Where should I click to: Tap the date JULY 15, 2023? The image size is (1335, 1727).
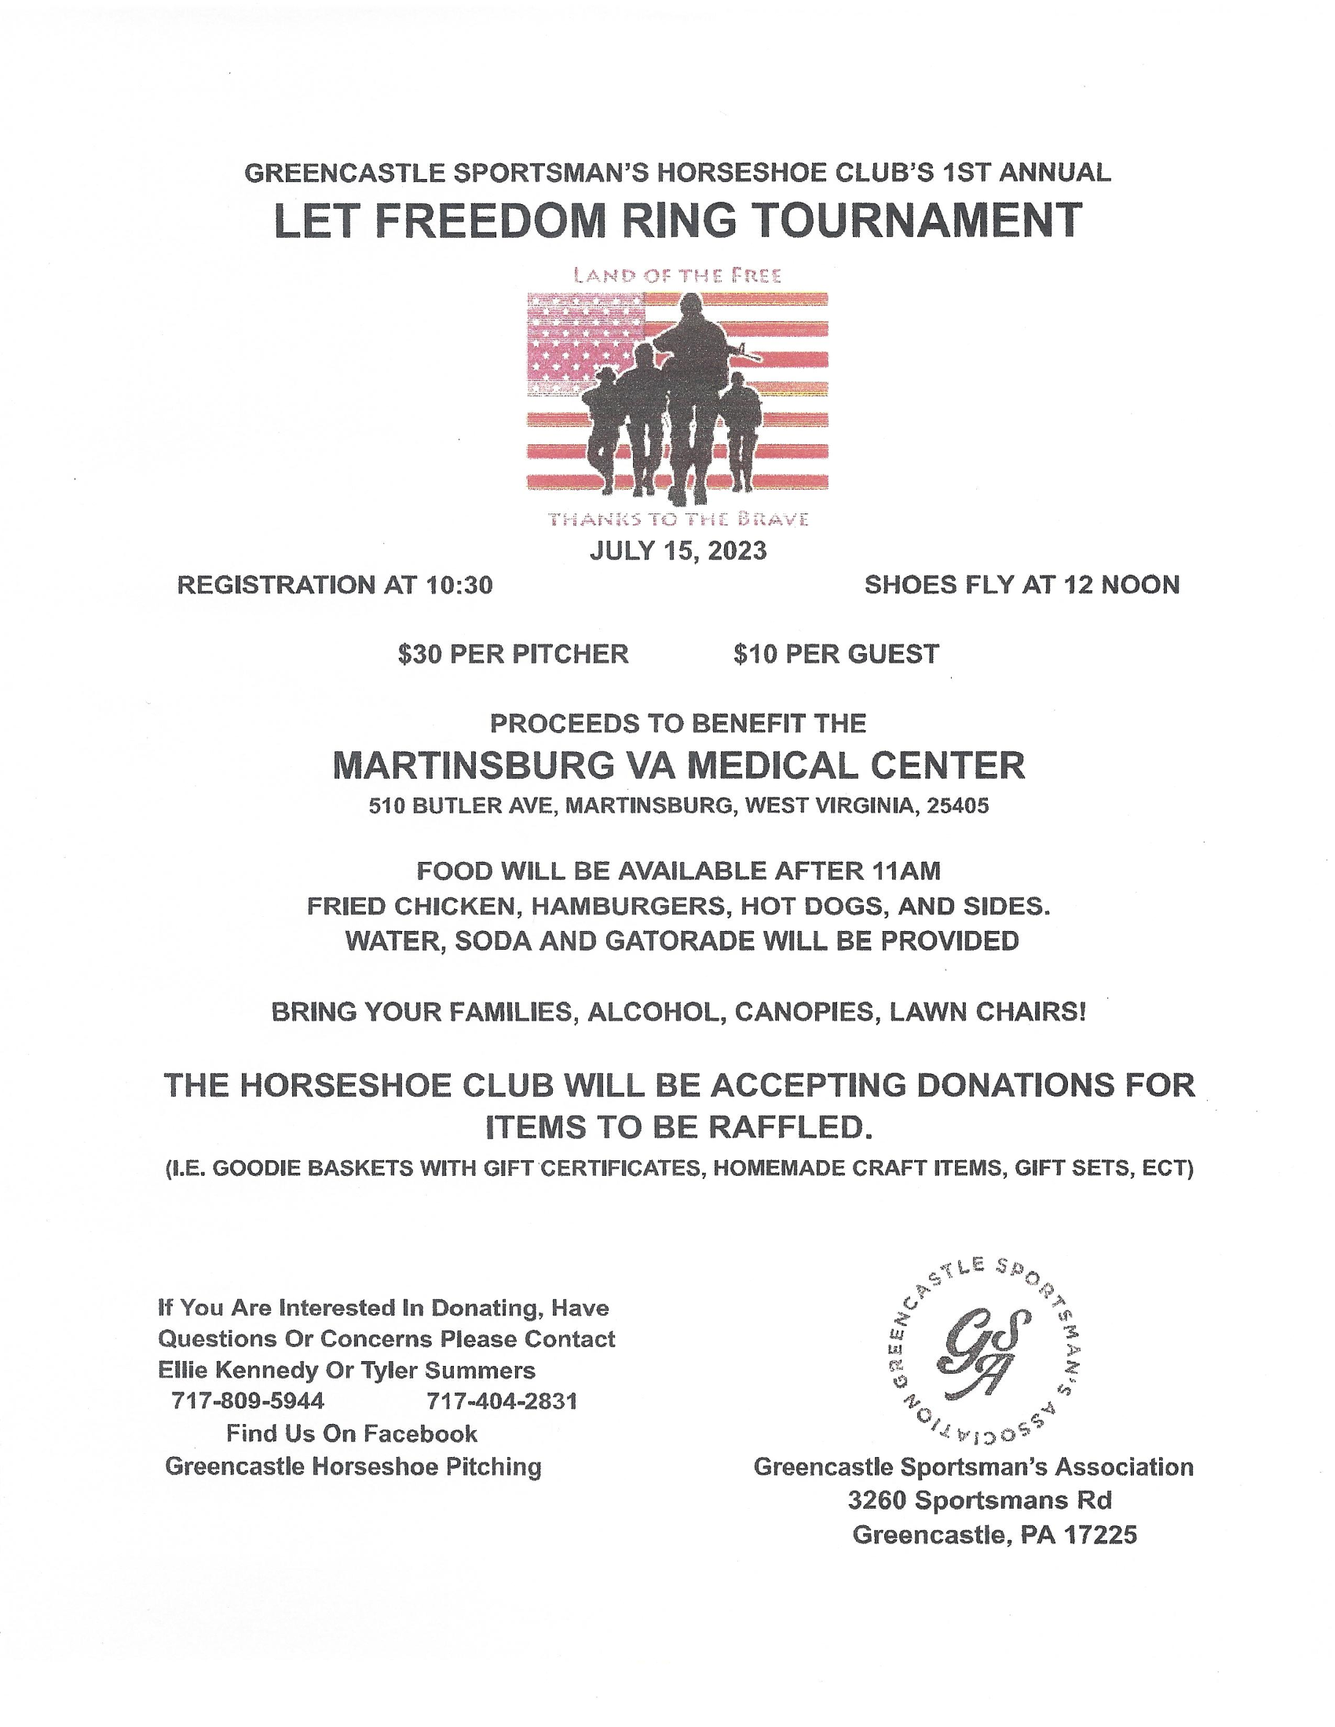678,550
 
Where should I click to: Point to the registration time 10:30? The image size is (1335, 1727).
459,585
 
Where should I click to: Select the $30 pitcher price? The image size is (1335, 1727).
420,654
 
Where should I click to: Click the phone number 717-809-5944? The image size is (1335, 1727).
247,1423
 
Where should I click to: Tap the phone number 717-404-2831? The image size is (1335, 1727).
502,1423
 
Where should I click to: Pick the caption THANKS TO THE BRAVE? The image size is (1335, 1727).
678,520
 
